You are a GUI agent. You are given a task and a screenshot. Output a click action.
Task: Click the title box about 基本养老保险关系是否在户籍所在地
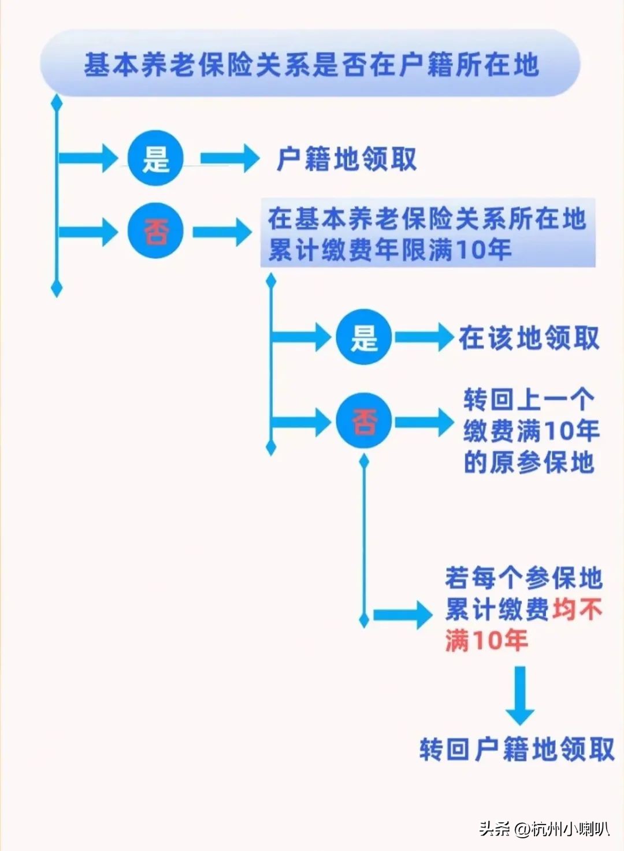click(311, 64)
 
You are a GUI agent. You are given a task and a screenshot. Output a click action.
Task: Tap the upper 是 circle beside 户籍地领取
click(155, 158)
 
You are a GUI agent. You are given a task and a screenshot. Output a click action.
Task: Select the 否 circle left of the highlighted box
click(155, 232)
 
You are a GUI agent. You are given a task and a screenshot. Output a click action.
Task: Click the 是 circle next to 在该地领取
click(364, 337)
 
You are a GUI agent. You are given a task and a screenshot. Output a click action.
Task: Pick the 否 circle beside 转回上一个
click(364, 421)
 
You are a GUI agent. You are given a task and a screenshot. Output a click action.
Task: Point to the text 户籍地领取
click(347, 159)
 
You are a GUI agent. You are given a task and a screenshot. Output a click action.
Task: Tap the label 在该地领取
click(529, 338)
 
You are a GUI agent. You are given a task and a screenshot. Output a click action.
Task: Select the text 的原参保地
click(529, 462)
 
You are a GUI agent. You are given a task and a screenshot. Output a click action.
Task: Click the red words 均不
click(577, 609)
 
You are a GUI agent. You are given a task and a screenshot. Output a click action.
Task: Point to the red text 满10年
click(486, 640)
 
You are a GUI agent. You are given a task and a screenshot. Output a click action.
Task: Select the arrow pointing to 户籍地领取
click(229, 158)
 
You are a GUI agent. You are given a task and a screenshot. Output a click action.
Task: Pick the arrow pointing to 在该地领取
click(424, 337)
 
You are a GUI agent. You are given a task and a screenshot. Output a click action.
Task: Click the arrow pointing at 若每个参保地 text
click(402, 615)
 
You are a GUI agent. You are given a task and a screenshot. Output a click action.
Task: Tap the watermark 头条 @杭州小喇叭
click(544, 829)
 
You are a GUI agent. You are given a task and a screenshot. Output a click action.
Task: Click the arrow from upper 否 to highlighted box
click(222, 232)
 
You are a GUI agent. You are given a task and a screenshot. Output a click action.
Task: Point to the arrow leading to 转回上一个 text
click(424, 421)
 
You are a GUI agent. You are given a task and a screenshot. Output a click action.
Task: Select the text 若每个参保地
click(523, 578)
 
